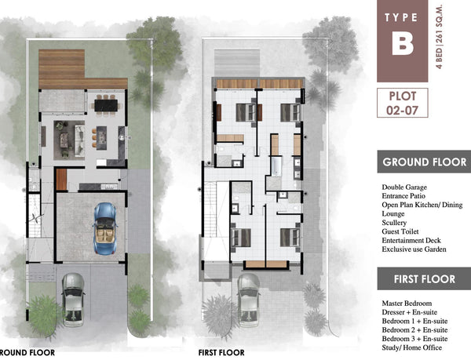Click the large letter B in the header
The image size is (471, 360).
[402, 44]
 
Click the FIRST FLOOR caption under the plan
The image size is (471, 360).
[221, 352]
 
